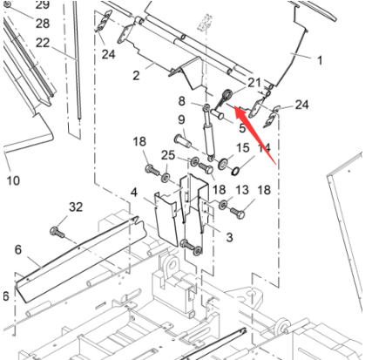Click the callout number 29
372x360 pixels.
(42, 5)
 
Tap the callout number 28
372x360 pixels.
(42, 23)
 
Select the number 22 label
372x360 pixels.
(43, 42)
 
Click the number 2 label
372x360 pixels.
(137, 76)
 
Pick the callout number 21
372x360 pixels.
(254, 82)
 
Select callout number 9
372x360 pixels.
(182, 119)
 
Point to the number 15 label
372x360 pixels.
(244, 147)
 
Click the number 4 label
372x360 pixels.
(134, 191)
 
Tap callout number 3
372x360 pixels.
(229, 237)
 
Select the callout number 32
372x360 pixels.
(76, 207)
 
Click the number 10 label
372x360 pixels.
(12, 180)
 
